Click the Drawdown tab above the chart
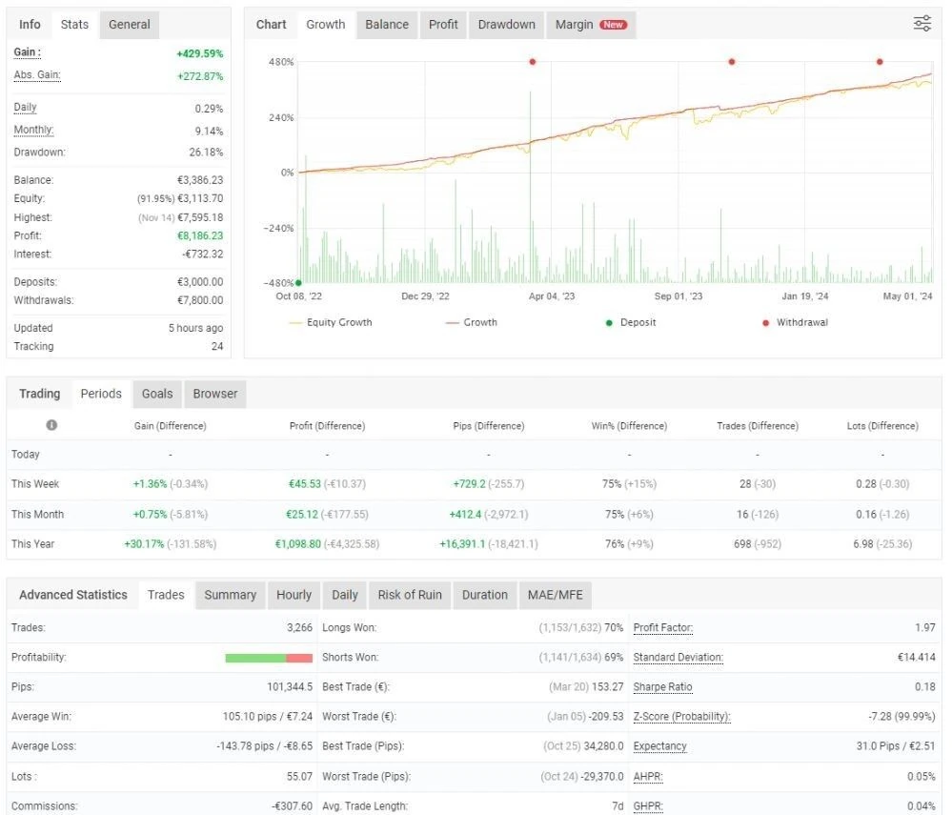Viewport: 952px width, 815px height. (506, 25)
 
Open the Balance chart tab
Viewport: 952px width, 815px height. (387, 25)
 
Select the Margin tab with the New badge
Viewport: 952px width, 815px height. (591, 25)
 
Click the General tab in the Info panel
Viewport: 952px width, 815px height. (130, 25)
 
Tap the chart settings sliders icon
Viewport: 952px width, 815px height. (922, 24)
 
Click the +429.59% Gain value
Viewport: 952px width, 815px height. (200, 53)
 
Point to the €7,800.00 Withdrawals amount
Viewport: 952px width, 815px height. (200, 300)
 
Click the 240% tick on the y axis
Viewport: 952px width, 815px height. (281, 117)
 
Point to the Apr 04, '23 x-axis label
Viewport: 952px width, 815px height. (552, 296)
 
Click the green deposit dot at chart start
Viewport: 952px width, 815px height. (298, 283)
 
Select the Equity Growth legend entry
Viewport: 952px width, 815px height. (331, 322)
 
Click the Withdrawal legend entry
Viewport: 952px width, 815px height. (795, 322)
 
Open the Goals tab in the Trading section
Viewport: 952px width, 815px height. (157, 394)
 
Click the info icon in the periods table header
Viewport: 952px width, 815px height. (51, 425)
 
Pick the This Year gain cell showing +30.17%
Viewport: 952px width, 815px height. (144, 544)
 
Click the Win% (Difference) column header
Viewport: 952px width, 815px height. (629, 426)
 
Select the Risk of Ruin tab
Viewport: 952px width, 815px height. (410, 595)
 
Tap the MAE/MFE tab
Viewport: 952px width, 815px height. (555, 595)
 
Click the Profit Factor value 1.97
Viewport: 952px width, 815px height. (925, 627)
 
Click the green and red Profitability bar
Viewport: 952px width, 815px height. (269, 659)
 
